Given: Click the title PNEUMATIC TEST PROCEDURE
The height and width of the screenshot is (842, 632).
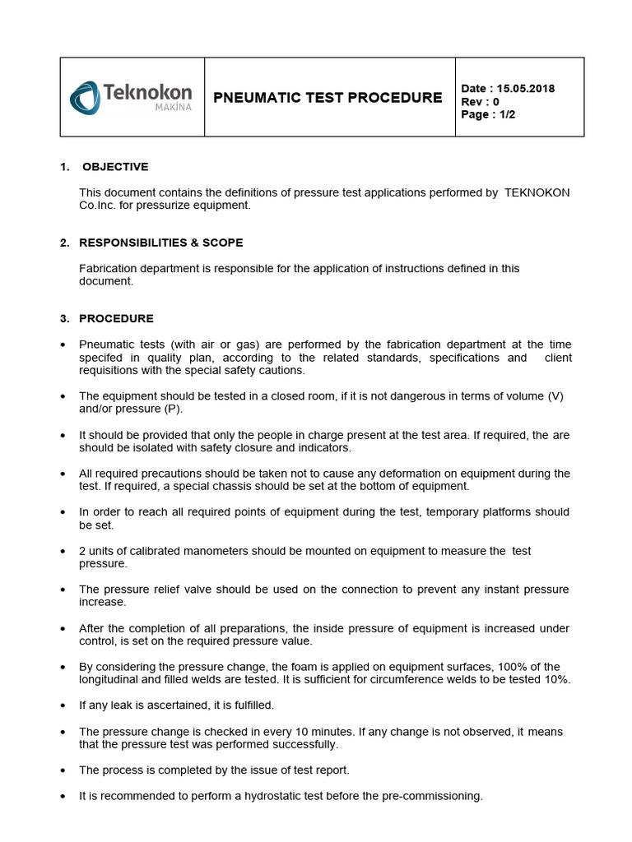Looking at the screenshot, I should coord(328,98).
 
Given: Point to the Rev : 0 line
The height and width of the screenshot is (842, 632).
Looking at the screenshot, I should coord(481,102).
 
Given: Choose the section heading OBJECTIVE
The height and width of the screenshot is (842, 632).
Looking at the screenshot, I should coord(114,167).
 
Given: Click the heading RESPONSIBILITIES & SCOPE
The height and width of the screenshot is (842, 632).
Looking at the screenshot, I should coord(160,243).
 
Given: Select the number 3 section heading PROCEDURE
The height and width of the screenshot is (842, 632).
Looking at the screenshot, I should coord(116,318).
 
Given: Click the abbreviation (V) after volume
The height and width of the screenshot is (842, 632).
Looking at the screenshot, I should coord(555,396).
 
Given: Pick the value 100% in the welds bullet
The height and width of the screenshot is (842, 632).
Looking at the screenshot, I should coord(509,667).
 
